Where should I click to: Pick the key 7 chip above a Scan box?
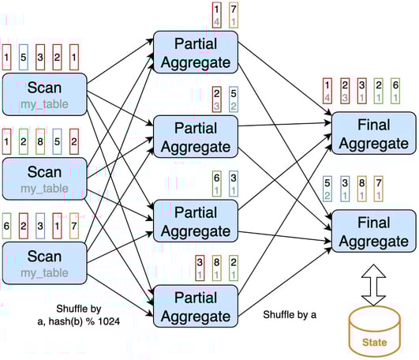click(x=73, y=225)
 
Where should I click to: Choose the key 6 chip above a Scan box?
click(x=7, y=225)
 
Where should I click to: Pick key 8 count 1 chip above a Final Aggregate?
click(x=362, y=189)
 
